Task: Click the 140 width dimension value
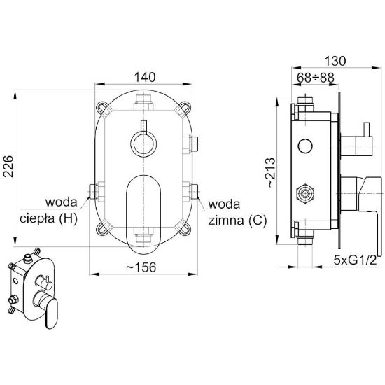point(145,77)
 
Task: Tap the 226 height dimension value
point(8,166)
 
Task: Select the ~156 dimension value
point(141,267)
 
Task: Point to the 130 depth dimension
point(335,61)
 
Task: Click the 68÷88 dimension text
point(316,78)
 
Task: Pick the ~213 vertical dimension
point(272,173)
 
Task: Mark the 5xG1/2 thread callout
point(355,260)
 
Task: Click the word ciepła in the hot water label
point(37,218)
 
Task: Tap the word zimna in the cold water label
point(226,220)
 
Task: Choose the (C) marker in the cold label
point(258,220)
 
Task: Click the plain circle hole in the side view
point(305,146)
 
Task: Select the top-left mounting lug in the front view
point(102,108)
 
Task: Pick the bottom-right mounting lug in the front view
point(184,227)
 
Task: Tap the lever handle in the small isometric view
point(50,311)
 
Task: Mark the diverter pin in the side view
point(367,129)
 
